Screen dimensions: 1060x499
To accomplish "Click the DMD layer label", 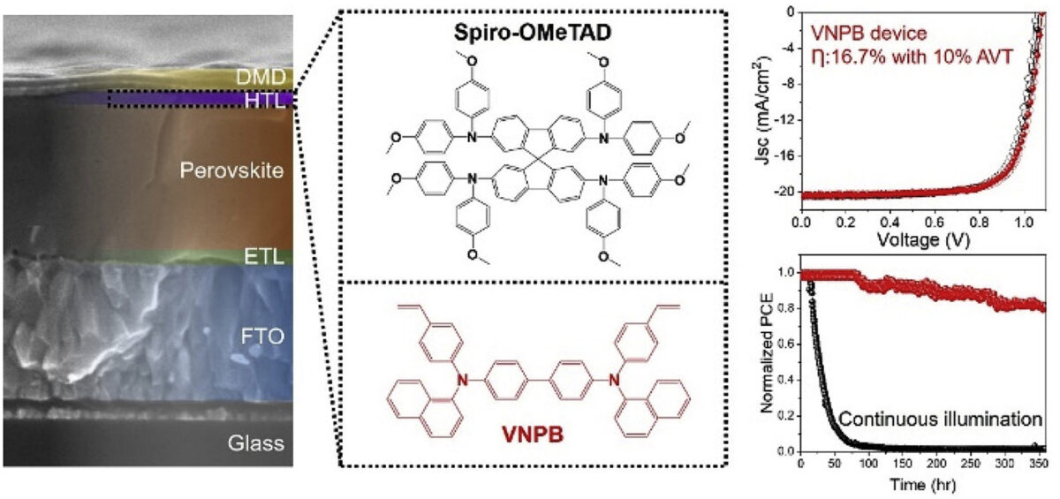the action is point(261,77).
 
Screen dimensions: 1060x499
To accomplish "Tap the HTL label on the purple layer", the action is point(265,101).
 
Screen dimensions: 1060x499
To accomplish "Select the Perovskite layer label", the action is point(231,170).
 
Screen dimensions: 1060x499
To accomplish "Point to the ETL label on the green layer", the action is point(264,257).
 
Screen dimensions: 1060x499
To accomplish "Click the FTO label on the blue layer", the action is point(262,336).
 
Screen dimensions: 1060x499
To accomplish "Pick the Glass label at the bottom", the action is point(256,443).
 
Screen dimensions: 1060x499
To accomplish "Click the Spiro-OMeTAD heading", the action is point(533,33).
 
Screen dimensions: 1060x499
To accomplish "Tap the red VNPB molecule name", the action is point(533,435).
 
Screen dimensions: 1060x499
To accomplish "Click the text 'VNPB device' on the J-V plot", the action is point(869,33).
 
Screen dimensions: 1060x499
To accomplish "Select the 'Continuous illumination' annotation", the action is point(940,419).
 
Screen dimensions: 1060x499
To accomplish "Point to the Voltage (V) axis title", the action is point(924,240).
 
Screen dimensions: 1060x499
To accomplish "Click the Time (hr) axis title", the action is point(923,485).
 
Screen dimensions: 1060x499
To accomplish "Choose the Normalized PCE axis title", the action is point(768,352).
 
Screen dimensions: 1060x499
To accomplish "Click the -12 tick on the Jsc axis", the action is point(781,121).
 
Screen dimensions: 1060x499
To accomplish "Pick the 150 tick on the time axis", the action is point(904,463).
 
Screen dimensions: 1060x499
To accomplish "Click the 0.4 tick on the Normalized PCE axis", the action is point(786,381).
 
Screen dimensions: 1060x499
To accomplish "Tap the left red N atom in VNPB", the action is point(462,380).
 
